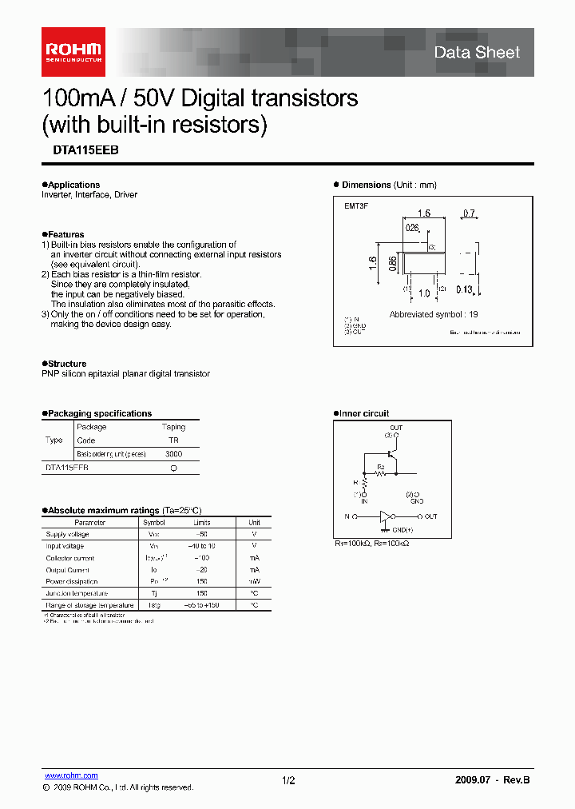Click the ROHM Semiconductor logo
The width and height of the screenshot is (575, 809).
tap(73, 51)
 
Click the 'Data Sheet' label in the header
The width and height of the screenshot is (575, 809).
tap(476, 53)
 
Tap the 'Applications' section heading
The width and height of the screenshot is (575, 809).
tap(73, 185)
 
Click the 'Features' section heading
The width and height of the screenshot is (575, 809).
tap(65, 235)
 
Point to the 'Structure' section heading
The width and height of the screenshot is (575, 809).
tap(67, 364)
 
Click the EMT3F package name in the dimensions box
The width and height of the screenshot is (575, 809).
tap(356, 206)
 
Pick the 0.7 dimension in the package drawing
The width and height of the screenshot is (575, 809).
tap(469, 213)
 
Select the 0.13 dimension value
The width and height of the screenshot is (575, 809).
tap(465, 289)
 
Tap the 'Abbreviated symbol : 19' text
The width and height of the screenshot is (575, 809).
tap(434, 314)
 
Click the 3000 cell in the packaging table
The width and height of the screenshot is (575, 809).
tap(173, 453)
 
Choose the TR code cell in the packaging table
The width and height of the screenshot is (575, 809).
tap(173, 440)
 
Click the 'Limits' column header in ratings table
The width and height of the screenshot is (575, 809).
tap(201, 522)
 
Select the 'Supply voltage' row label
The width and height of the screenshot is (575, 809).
tap(67, 534)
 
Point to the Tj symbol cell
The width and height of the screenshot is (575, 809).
tap(155, 593)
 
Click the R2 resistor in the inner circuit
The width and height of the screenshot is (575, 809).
tap(381, 472)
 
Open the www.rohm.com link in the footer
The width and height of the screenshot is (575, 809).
tap(71, 775)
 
